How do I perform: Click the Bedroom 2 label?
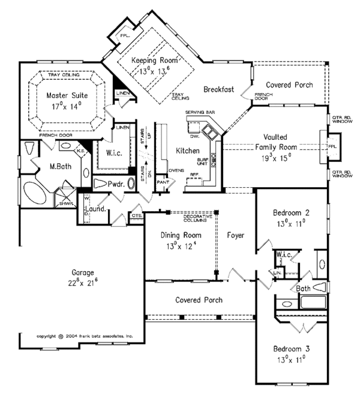coord(291,213)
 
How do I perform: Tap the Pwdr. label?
coord(116,185)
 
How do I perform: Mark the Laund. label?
coord(99,209)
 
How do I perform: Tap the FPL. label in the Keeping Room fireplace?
coord(125,35)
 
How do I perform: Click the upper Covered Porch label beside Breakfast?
coord(289,85)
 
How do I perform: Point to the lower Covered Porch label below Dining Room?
coord(199,299)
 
